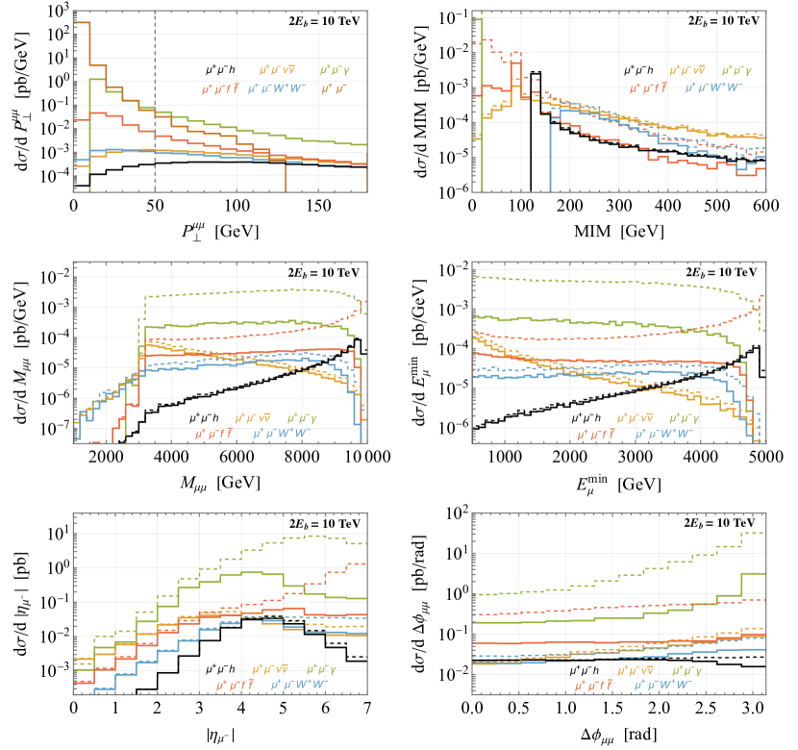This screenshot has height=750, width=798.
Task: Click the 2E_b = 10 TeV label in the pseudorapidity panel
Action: (x=319, y=523)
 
